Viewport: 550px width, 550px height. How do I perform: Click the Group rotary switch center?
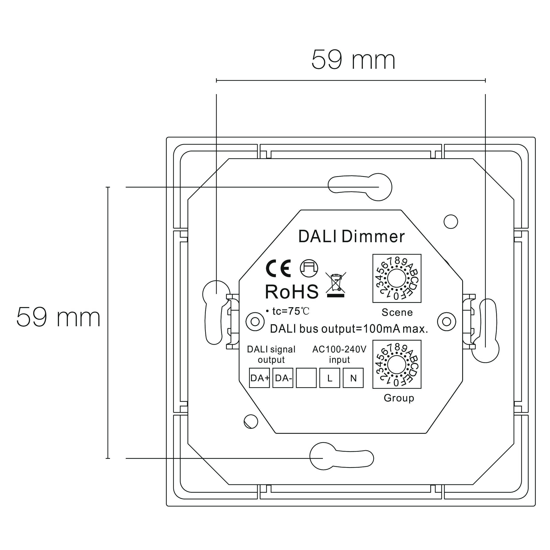397,365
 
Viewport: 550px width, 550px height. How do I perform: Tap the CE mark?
278,268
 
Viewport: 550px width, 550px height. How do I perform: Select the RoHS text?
292,292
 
